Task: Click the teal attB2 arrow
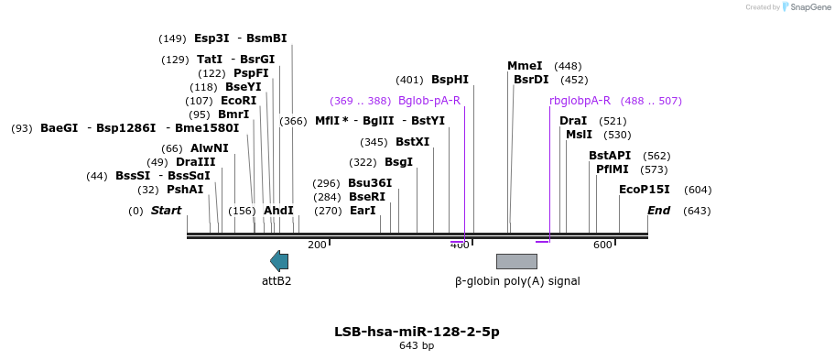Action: coord(279,261)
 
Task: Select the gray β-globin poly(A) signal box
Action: coord(516,261)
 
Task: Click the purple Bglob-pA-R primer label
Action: coord(429,101)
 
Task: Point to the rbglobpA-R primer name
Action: coord(580,101)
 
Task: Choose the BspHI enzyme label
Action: coord(450,80)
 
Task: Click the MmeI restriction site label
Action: coord(525,66)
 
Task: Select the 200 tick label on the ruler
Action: coord(317,245)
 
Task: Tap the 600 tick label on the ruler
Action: coord(602,245)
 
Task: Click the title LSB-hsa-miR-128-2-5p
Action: coord(417,332)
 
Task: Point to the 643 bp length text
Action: coord(417,346)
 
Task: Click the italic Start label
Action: coord(166,211)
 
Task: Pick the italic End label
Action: coord(658,211)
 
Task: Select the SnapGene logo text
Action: coord(809,7)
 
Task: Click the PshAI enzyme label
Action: coord(185,190)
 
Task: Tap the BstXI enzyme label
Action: coord(413,142)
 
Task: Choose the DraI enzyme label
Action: coord(573,121)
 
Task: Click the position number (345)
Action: coord(374,142)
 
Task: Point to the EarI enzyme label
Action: coord(363,211)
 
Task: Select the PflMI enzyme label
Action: coord(613,169)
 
